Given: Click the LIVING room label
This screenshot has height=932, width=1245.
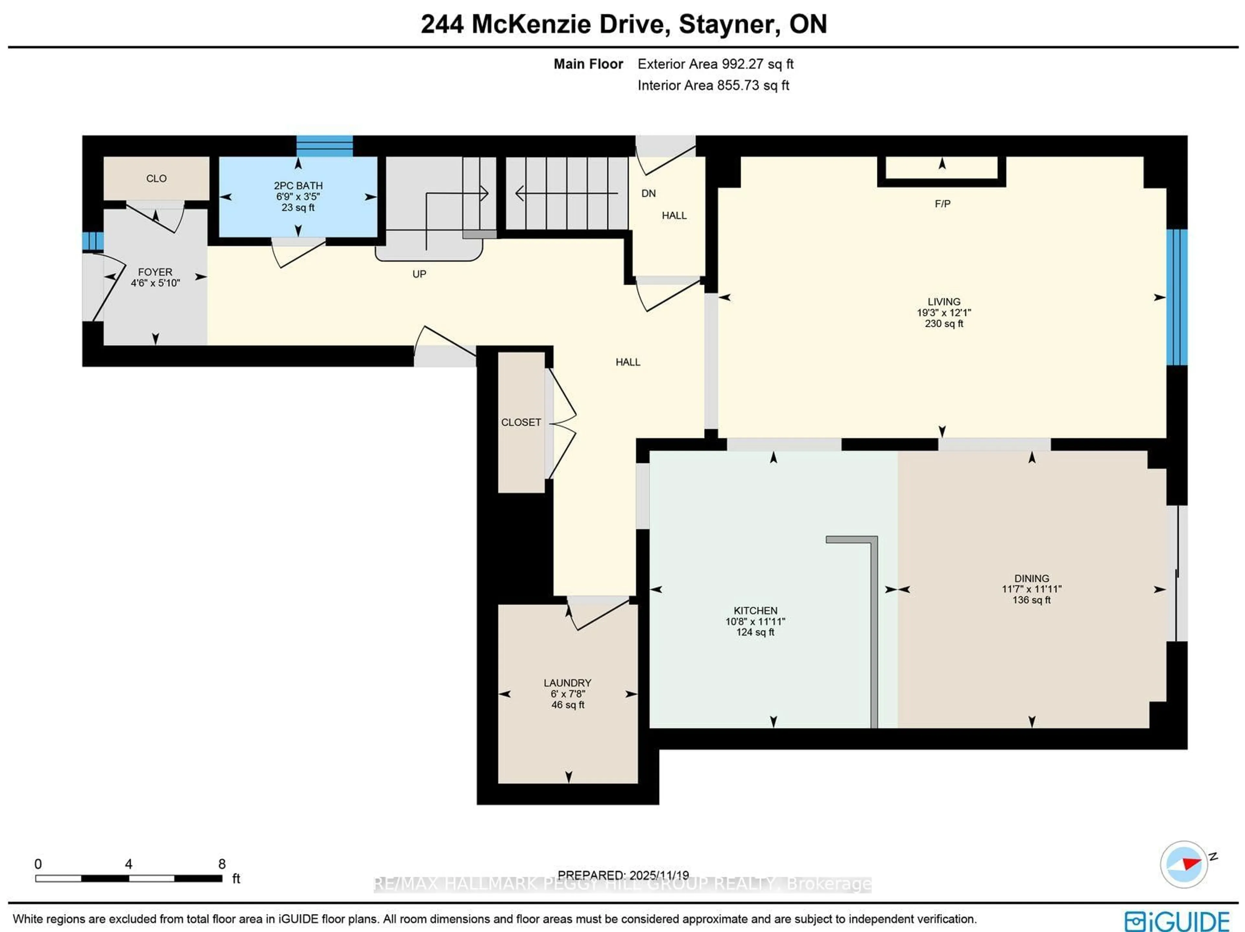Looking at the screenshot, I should click(944, 302).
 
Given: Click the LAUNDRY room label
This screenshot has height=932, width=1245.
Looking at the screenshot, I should click(567, 683).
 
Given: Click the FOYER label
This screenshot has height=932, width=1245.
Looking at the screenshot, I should click(155, 272).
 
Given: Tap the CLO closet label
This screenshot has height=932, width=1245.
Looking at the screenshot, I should click(157, 178).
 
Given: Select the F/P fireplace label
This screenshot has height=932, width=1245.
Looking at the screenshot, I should click(943, 204).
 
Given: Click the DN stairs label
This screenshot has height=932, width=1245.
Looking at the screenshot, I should click(648, 193).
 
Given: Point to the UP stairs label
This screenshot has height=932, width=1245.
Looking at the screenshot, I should click(419, 274).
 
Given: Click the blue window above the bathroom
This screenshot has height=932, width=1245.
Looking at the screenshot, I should click(325, 146).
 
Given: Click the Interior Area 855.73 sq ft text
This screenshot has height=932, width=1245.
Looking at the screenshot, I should click(713, 86).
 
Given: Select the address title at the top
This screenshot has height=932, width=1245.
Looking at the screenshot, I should click(623, 24).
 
